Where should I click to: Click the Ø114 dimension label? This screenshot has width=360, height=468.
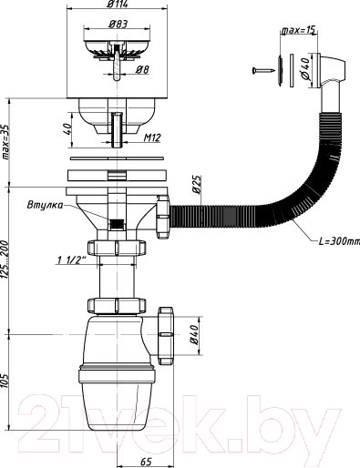pos(118,5)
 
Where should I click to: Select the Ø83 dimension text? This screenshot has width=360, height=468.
pos(118,24)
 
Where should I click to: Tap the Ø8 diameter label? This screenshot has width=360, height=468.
pos(142,70)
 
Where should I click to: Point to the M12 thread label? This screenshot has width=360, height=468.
pos(152,138)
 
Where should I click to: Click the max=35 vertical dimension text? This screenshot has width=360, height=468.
pos(5,142)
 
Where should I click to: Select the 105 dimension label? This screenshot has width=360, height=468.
pos(5,380)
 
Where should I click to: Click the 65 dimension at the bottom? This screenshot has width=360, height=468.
pos(146,462)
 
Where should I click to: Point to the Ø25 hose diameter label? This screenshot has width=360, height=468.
pos(197,185)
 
